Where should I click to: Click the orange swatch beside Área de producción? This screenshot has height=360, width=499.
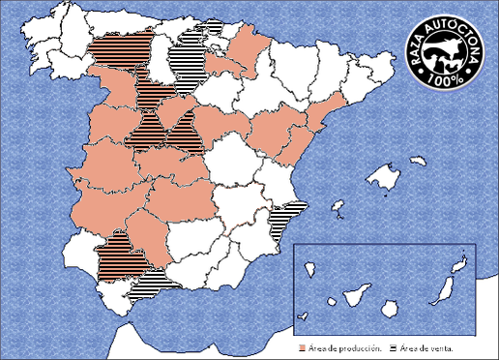click(x=303, y=345)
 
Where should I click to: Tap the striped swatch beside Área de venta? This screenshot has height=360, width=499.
click(x=392, y=345)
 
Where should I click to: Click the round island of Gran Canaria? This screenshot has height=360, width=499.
click(x=391, y=307)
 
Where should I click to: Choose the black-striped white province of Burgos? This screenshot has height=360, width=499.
click(x=184, y=63)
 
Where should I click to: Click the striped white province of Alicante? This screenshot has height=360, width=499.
click(x=284, y=222)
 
